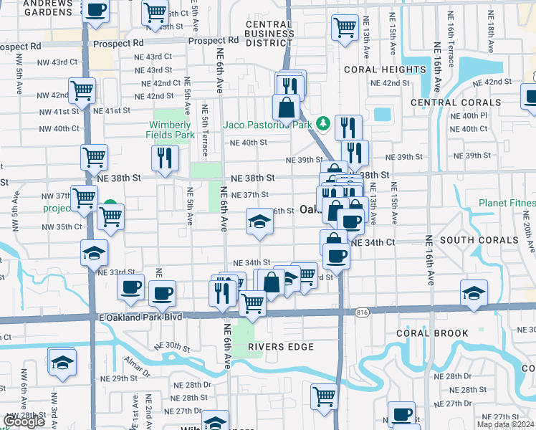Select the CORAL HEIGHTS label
pos(385,70)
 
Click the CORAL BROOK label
pos(430,333)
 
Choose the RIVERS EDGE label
pos(281,347)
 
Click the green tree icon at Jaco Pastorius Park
pos(323,124)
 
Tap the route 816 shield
pos(362,312)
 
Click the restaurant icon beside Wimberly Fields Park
pos(165,157)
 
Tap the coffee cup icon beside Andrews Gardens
pos(95,11)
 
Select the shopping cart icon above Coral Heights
pos(345,27)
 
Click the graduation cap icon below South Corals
pos(474,293)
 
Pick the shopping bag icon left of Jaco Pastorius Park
pos(286,107)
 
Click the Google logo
pos(24,421)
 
